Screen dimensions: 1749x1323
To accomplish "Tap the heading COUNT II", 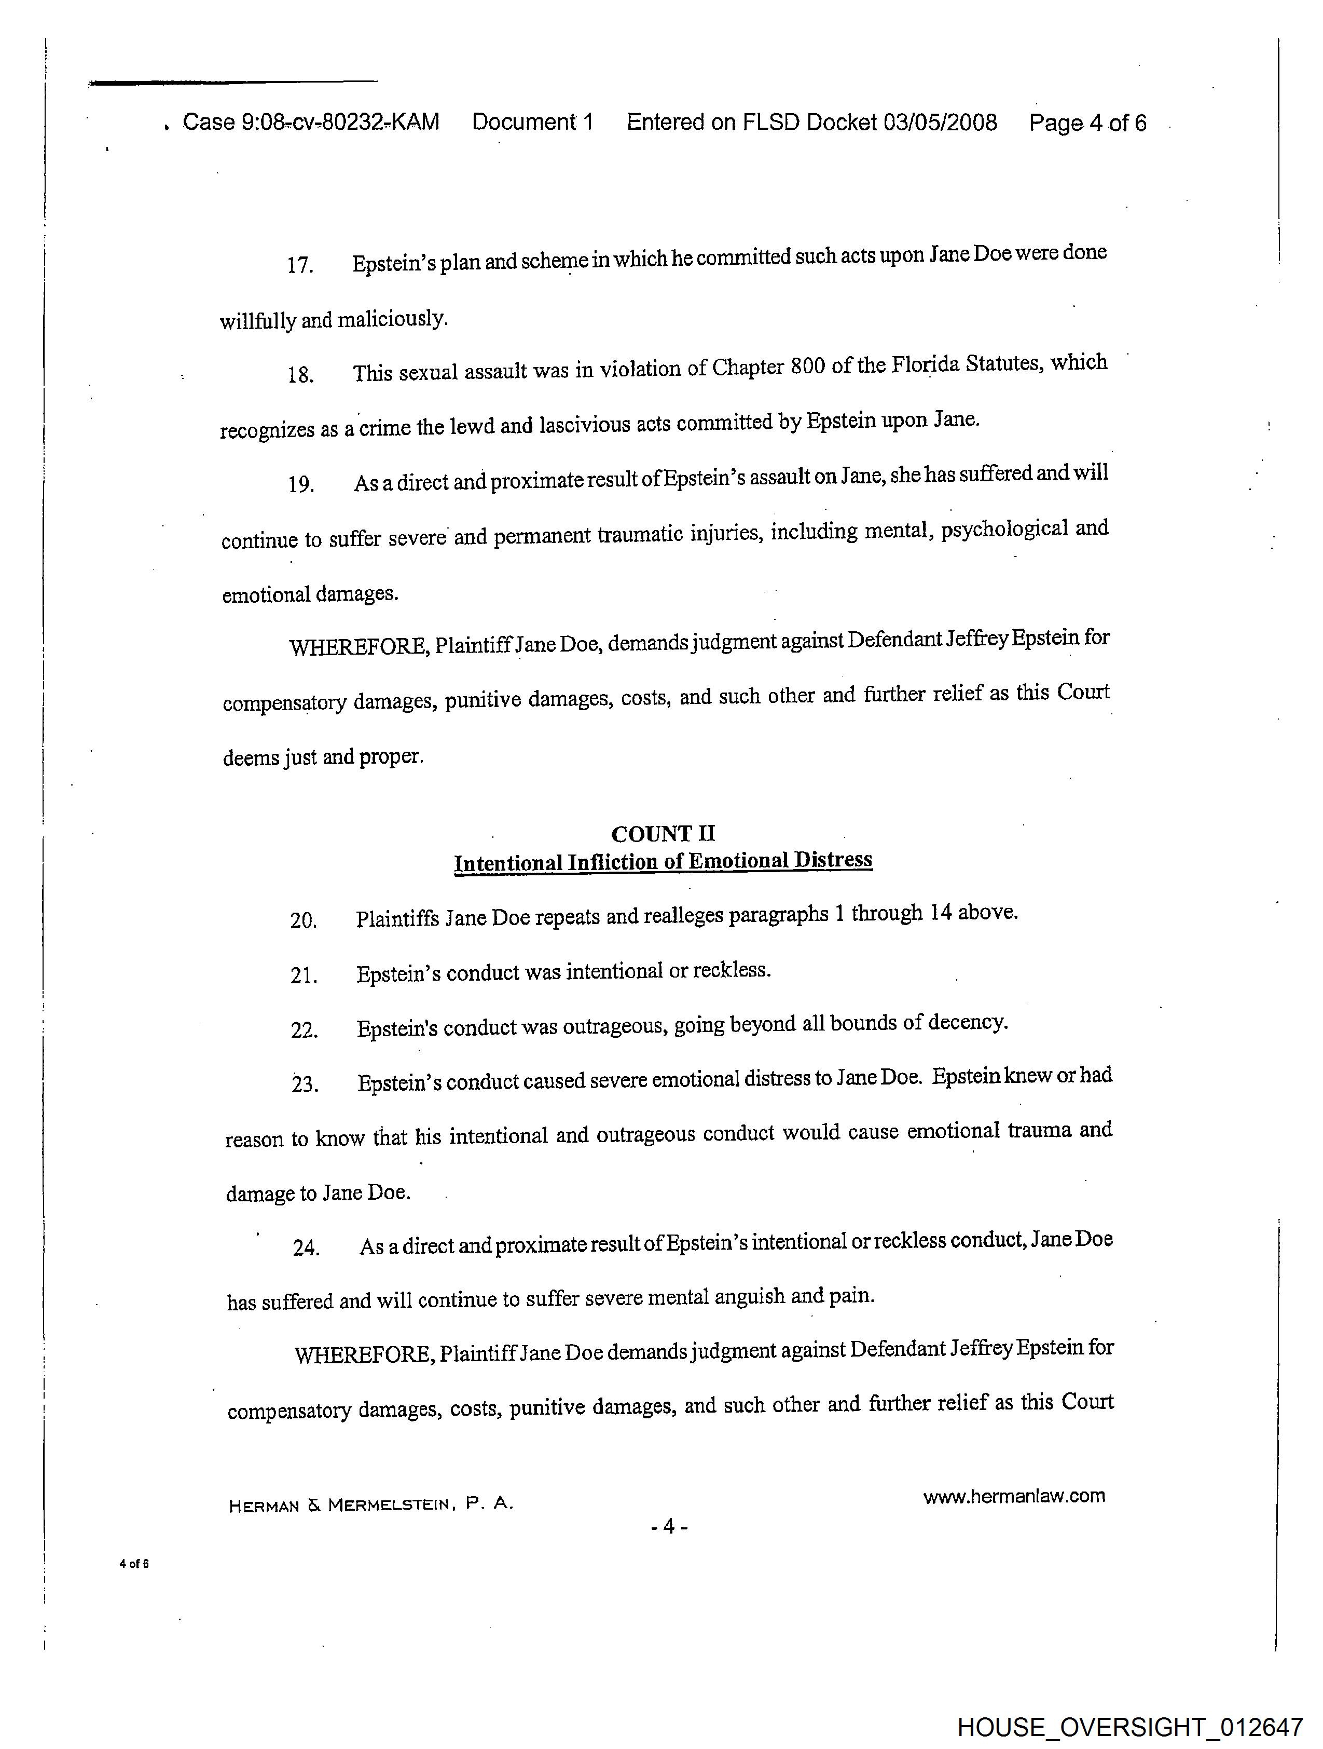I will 663,833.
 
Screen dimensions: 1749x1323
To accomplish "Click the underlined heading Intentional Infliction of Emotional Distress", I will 663,861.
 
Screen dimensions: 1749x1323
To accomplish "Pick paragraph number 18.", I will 301,374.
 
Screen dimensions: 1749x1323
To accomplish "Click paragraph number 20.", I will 304,920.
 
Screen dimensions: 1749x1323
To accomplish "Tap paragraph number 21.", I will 304,975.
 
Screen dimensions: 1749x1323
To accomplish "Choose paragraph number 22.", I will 304,1031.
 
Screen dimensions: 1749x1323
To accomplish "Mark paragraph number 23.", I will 304,1084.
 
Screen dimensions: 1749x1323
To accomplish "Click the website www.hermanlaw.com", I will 1014,1496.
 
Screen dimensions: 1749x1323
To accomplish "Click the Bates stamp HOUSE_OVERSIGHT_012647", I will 1129,1727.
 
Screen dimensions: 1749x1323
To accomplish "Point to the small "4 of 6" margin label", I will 133,1563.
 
